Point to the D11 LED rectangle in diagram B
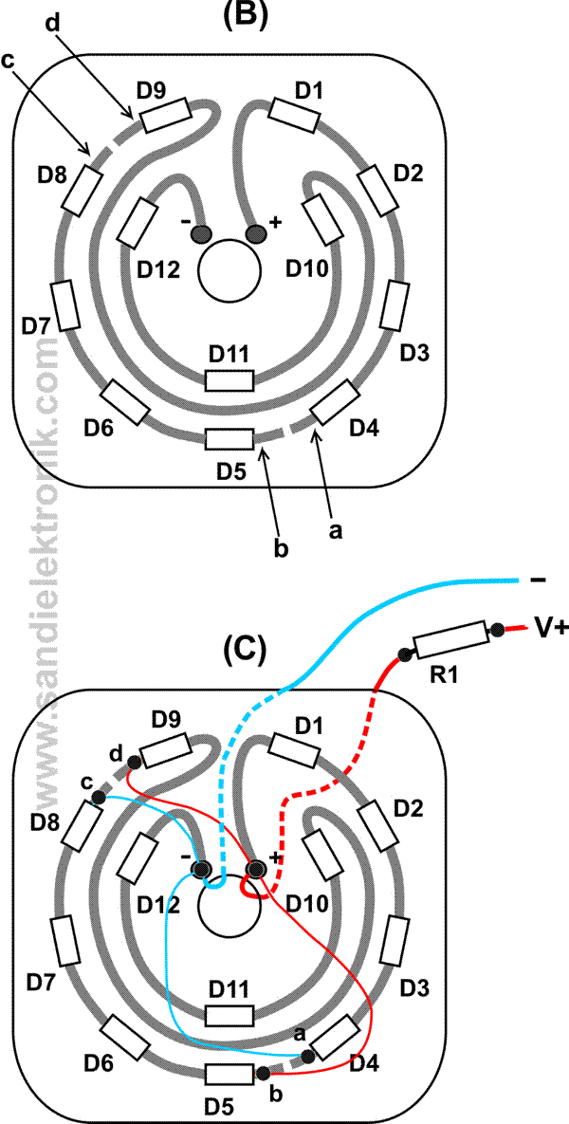click(229, 380)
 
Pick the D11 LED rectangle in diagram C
click(229, 1015)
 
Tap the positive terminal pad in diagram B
click(256, 233)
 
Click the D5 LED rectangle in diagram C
click(229, 1074)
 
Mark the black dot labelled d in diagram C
click(135, 761)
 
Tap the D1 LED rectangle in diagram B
click(294, 114)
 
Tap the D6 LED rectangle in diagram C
click(125, 1038)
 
